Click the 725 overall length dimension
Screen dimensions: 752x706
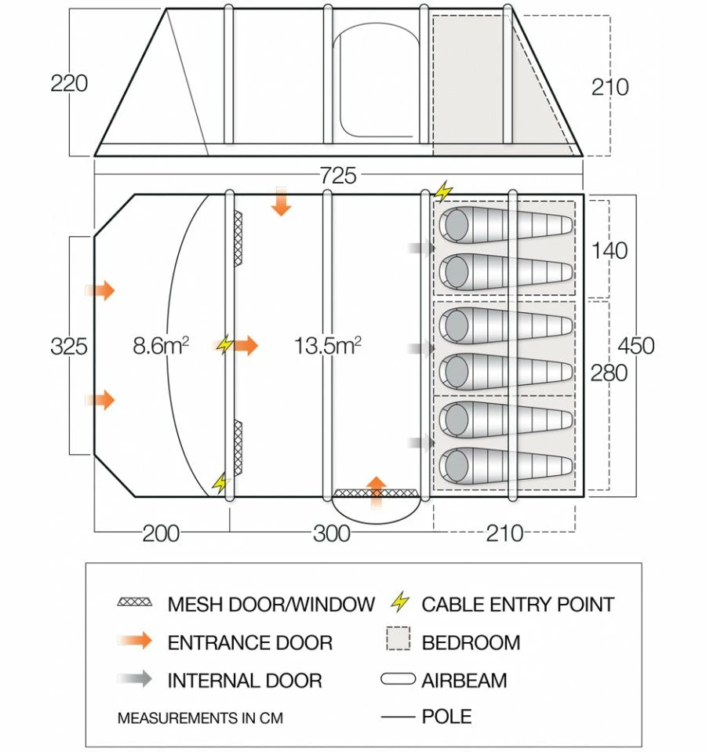pos(338,176)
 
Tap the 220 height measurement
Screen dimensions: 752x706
pos(69,83)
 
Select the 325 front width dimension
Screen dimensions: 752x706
pos(69,345)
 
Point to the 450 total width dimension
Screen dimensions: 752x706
pos(635,345)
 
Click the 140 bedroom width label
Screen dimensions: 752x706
pos(610,250)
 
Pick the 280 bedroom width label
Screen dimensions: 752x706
pos(610,372)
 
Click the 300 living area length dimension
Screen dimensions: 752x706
pos(331,533)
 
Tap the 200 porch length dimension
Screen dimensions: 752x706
pos(161,533)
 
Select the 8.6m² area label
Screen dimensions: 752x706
pos(161,345)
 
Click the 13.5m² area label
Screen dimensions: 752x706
pos(327,345)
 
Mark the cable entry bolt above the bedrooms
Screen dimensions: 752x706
pos(444,191)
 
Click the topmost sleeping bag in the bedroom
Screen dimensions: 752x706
pos(506,226)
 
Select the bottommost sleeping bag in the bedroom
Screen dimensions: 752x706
pos(506,466)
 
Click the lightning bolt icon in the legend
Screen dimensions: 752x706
pos(400,603)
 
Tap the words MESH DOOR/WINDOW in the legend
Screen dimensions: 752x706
pos(271,604)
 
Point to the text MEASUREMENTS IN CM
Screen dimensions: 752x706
pos(199,717)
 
